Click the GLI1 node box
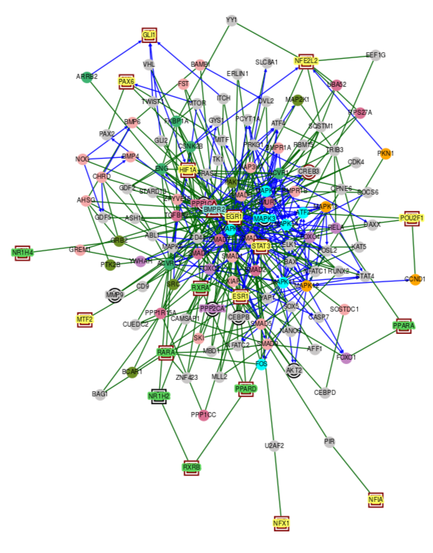click(x=149, y=34)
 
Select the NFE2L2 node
click(x=306, y=61)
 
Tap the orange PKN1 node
click(x=386, y=153)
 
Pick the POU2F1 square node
click(x=411, y=218)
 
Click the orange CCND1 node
click(x=415, y=279)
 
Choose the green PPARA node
click(x=404, y=326)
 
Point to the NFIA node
click(x=376, y=499)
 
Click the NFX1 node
click(x=281, y=524)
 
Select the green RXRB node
click(x=191, y=468)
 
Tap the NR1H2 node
click(x=158, y=396)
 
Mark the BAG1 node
click(x=100, y=394)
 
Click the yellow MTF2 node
click(x=85, y=319)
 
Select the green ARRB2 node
click(x=87, y=77)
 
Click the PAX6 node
click(x=126, y=83)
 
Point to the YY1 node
click(x=232, y=20)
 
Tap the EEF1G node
click(x=376, y=55)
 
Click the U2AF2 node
click(x=275, y=446)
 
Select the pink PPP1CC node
click(x=204, y=415)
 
